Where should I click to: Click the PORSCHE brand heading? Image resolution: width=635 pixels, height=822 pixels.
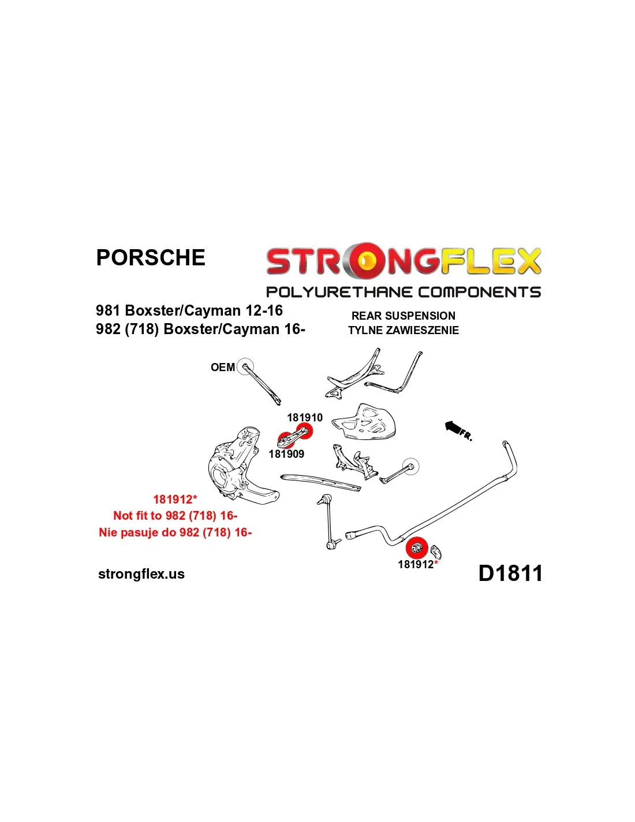tap(150, 258)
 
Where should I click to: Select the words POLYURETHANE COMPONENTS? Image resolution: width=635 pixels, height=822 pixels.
tap(404, 292)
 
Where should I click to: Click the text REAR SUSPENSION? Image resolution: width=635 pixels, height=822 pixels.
tap(403, 316)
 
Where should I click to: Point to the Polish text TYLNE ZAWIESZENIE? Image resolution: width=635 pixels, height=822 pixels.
tap(403, 330)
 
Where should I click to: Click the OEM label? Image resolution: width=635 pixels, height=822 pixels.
tap(222, 367)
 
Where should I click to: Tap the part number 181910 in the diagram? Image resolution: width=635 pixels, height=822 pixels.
tap(305, 417)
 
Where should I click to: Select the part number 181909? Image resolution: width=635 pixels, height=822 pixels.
tap(286, 454)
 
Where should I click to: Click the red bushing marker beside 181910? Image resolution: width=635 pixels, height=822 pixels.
tap(304, 431)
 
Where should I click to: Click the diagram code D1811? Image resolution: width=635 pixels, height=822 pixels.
tap(510, 573)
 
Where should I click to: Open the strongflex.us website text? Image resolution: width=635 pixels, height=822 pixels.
tap(141, 574)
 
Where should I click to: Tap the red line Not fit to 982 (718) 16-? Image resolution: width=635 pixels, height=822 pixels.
tap(175, 516)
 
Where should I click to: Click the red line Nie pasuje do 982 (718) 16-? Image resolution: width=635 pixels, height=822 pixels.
tap(175, 532)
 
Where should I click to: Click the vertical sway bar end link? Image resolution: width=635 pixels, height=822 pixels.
tap(328, 523)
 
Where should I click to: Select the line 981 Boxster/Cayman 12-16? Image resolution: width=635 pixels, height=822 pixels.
tap(189, 310)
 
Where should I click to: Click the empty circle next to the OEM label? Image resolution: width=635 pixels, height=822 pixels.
tap(245, 366)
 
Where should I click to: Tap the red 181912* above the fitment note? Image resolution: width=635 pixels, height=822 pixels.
tap(175, 499)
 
